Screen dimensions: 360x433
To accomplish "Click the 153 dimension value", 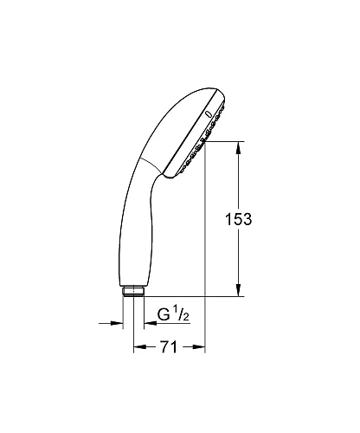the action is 238,219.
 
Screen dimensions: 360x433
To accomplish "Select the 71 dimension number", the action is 169,346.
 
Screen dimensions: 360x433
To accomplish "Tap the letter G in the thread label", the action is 164,314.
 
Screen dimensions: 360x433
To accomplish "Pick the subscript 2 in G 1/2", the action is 185,317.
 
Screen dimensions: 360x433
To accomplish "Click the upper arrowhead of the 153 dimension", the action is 238,148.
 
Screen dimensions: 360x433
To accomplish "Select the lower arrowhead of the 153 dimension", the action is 238,289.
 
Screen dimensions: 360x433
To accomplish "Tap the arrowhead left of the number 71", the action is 140,346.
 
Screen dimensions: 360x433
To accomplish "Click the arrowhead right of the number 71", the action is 198,346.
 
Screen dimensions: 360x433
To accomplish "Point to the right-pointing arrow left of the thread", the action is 111,323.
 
